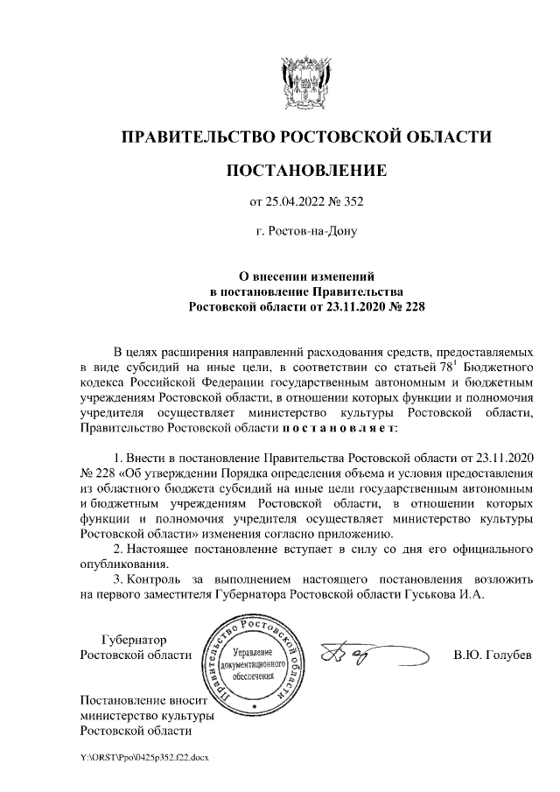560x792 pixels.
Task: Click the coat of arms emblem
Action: pyautogui.click(x=305, y=81)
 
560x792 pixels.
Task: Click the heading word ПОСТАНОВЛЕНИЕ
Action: pyautogui.click(x=305, y=170)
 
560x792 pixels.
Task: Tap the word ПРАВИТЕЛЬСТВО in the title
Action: pyautogui.click(x=196, y=137)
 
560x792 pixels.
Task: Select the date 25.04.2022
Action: pyautogui.click(x=300, y=203)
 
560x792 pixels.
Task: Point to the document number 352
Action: pyautogui.click(x=352, y=203)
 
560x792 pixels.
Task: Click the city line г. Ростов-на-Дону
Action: pyautogui.click(x=305, y=233)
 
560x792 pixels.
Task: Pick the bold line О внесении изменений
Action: pyautogui.click(x=305, y=275)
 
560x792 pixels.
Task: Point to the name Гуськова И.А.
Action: pyautogui.click(x=458, y=592)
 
